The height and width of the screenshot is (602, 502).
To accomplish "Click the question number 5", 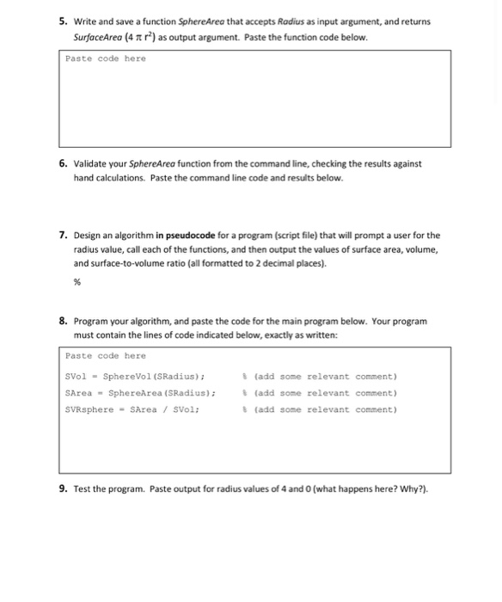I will (x=64, y=21).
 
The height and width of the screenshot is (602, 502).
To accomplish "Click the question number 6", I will (x=64, y=163).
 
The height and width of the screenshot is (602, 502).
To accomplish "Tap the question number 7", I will (x=64, y=235).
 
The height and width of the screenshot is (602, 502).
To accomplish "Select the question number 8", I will (x=64, y=321).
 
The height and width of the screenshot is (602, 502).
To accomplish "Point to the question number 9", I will (x=64, y=489).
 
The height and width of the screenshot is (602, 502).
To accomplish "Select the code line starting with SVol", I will (x=134, y=377).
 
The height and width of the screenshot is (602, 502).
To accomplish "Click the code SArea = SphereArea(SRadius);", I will (x=139, y=393).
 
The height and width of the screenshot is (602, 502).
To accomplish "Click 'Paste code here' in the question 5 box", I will (x=106, y=58).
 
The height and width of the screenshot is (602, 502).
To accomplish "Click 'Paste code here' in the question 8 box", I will (x=106, y=355).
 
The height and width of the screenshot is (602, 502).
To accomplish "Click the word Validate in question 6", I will (x=93, y=163).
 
